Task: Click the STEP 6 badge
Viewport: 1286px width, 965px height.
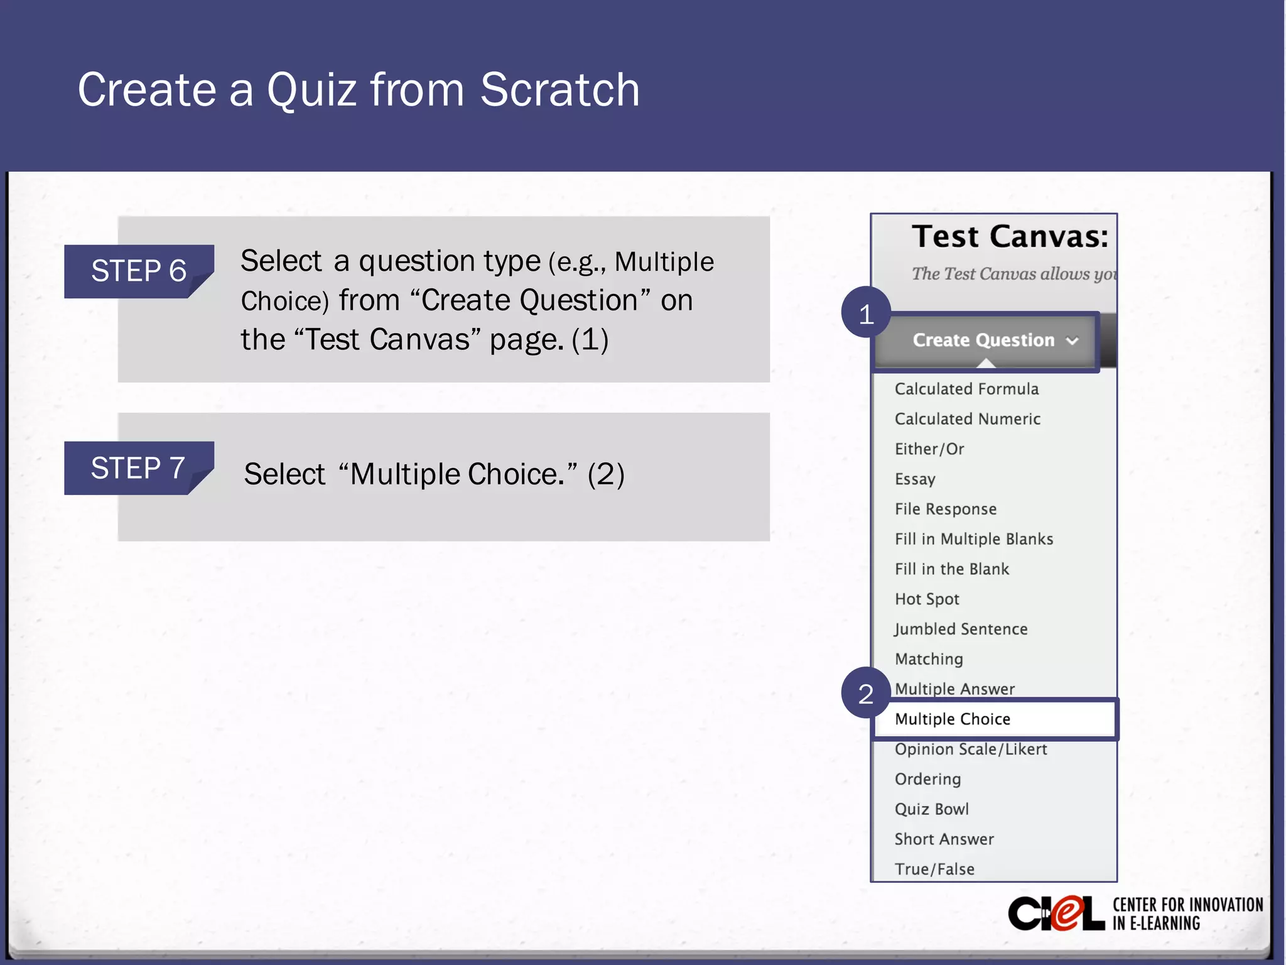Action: [x=139, y=271]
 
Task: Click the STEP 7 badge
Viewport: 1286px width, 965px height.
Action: [x=139, y=468]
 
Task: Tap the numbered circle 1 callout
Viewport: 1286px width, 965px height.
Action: [x=866, y=313]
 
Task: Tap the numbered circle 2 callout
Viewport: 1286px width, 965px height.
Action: [x=866, y=693]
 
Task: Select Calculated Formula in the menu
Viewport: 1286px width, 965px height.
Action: [x=966, y=389]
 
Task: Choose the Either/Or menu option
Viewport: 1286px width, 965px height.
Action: [x=929, y=449]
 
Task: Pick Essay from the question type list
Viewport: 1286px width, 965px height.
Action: [x=915, y=479]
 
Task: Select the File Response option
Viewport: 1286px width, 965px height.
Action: [x=946, y=509]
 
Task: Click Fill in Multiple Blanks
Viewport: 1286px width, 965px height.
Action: [x=974, y=539]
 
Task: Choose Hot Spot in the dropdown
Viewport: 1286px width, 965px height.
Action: [x=927, y=599]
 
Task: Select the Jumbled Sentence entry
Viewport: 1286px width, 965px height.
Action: [x=961, y=629]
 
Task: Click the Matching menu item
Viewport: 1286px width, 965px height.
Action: [x=929, y=659]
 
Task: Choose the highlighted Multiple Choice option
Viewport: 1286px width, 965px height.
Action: [x=953, y=719]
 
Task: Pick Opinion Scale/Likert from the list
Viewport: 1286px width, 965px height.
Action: [x=971, y=750]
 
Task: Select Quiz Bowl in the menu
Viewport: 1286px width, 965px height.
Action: [x=932, y=809]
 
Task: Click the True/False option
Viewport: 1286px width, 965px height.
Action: [x=934, y=870]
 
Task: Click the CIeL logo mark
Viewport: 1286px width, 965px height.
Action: [x=1056, y=914]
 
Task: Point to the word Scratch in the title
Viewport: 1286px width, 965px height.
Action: [x=559, y=90]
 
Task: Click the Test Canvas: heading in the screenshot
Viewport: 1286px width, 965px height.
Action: [x=1010, y=237]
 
